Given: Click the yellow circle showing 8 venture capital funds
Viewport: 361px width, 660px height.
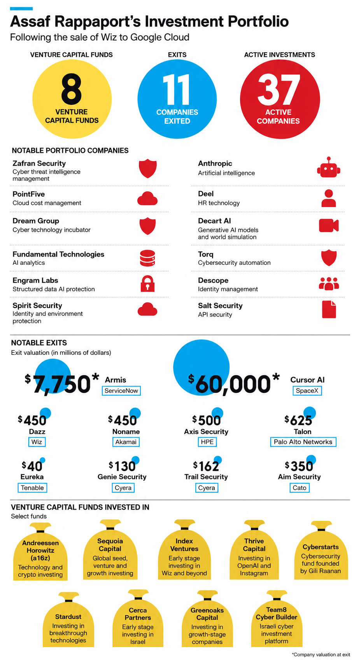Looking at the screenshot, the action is point(72,99).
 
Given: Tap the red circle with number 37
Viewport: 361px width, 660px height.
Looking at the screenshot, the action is point(280,99).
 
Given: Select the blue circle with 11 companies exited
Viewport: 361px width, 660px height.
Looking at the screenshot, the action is point(177,99).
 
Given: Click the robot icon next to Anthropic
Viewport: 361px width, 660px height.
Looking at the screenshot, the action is point(329,167).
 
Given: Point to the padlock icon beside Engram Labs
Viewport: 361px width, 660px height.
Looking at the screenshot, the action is point(147,283).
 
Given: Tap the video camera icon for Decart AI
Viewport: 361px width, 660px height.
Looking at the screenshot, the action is point(329,226).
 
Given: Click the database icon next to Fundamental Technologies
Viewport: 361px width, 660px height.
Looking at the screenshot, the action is point(147,258).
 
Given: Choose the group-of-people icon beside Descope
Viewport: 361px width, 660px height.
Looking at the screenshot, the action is point(329,284).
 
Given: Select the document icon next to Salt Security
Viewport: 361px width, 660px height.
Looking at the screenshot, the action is point(329,310).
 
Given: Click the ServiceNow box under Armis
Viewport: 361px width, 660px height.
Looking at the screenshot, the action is point(121,391).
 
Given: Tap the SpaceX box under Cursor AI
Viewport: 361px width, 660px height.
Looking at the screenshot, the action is point(307,391).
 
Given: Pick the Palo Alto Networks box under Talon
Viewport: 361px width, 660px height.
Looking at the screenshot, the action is point(303,442).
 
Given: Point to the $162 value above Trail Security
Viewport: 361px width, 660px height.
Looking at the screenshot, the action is point(206,466).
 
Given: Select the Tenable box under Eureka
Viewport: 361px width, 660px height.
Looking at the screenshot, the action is point(32,488).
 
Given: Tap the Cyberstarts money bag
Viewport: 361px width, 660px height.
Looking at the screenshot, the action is point(321,551).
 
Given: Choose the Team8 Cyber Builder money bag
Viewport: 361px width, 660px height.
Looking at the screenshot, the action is point(277,619).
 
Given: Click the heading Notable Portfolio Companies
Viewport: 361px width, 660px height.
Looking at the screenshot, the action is point(70,151).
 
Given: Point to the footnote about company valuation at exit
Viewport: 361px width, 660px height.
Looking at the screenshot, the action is point(321,655).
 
